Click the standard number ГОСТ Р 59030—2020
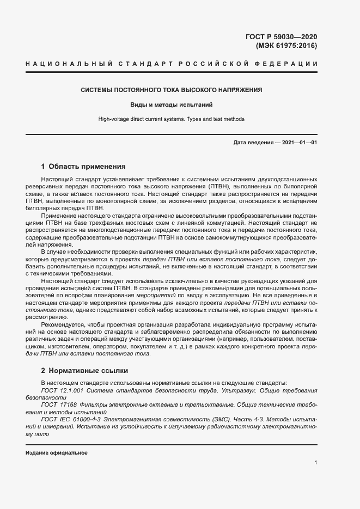click(x=281, y=37)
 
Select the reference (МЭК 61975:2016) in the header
click(x=286, y=46)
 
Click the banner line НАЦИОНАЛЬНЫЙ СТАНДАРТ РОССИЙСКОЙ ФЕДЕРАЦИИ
click(x=172, y=65)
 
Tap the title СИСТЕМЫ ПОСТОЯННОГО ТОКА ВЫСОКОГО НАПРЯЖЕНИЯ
click(x=172, y=89)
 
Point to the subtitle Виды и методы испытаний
click(x=171, y=104)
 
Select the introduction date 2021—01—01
click(x=300, y=143)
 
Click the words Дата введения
click(x=253, y=143)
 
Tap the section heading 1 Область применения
click(x=83, y=167)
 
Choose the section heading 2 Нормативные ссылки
click(x=84, y=371)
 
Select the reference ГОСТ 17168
click(x=59, y=405)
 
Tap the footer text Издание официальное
click(x=56, y=453)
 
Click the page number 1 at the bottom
click(x=316, y=463)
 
